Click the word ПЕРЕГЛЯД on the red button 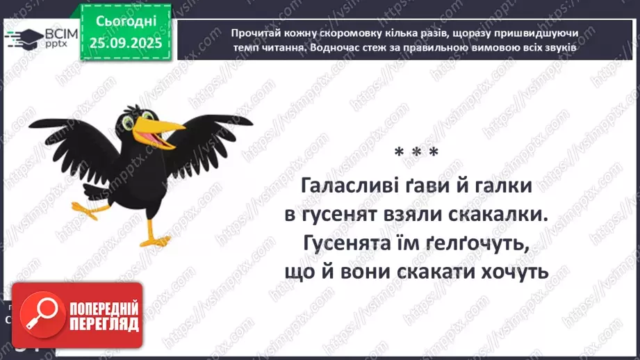[104, 325]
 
